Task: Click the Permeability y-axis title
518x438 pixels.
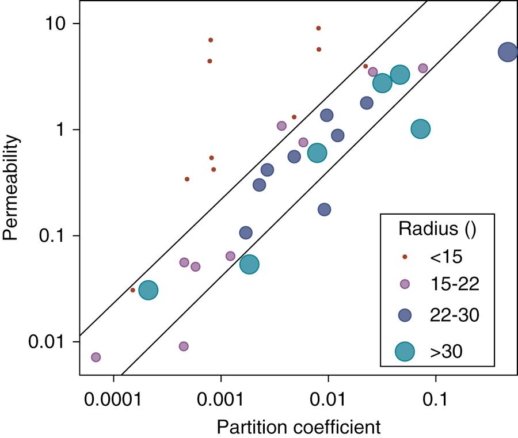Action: point(13,188)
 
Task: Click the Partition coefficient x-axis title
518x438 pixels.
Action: point(299,427)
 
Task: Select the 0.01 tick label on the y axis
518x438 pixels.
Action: point(50,341)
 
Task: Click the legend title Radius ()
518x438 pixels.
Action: point(437,228)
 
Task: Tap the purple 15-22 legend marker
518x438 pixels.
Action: point(405,283)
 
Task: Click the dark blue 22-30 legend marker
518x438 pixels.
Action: point(405,315)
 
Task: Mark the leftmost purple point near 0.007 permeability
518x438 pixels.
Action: point(96,357)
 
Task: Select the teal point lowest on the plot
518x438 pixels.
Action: point(148,291)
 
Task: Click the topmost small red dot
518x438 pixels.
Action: point(318,28)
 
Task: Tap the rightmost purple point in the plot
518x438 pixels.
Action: point(423,68)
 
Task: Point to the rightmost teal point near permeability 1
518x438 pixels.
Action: point(421,129)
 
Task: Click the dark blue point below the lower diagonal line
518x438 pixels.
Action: point(325,210)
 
